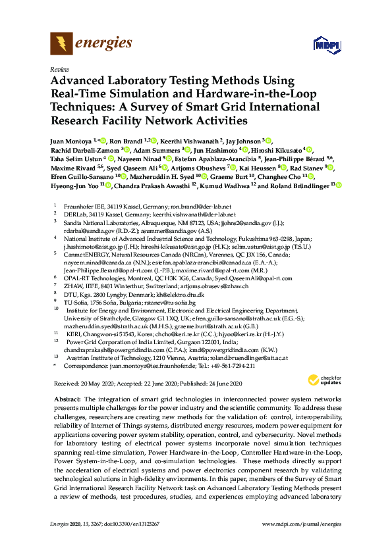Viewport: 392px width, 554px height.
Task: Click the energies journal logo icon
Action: tap(61, 45)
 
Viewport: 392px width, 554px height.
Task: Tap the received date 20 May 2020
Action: tap(96, 384)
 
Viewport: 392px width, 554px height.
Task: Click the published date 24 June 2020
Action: tap(220, 384)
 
